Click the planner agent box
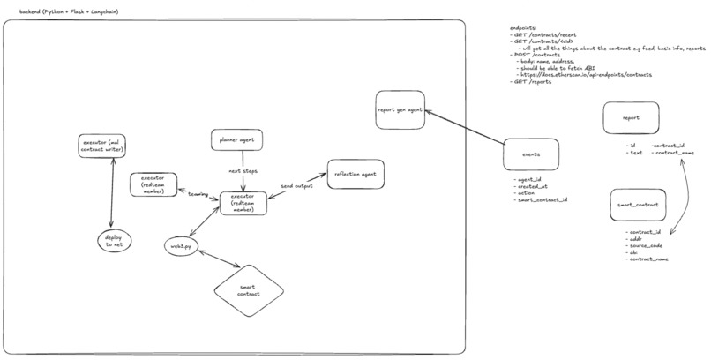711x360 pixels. point(237,139)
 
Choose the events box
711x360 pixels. point(532,154)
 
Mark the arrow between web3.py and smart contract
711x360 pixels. point(218,262)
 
